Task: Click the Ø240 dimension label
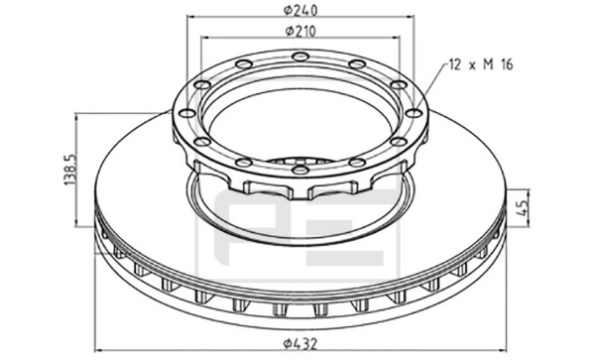[x=300, y=10]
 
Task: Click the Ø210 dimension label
[x=300, y=32]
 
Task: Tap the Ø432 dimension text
[x=299, y=344]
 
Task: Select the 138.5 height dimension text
[x=70, y=170]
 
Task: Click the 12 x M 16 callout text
[x=481, y=64]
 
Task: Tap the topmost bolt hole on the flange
[x=300, y=57]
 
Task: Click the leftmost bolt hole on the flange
[x=186, y=113]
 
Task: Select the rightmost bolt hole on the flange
[x=414, y=113]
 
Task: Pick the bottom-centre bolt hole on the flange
[x=300, y=170]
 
